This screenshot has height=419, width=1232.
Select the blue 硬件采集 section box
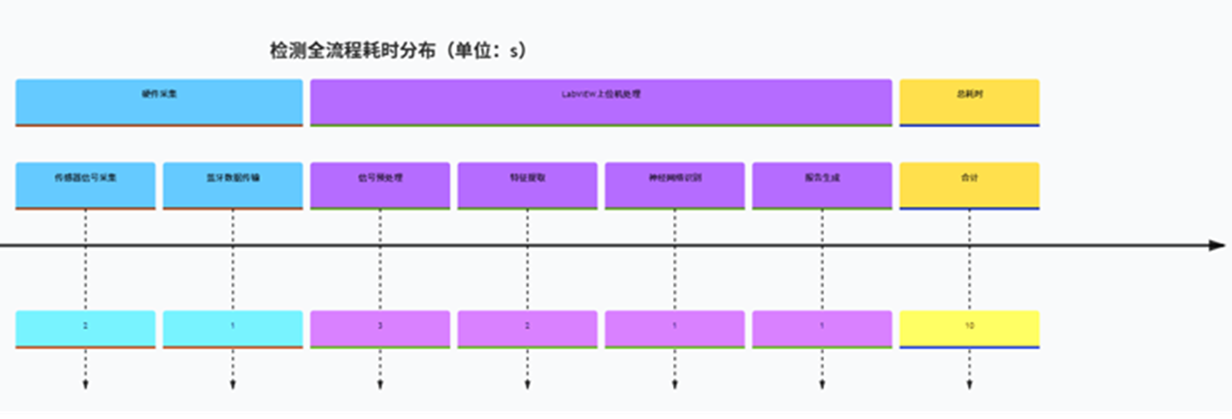point(158,102)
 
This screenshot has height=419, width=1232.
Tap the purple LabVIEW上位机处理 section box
point(600,102)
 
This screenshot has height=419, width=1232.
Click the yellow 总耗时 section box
point(969,102)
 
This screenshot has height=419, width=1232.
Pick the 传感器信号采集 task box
point(86,185)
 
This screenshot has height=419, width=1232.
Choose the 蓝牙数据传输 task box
point(233,185)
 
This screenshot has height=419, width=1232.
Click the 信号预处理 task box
point(380,185)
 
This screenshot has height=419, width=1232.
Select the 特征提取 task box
point(527,185)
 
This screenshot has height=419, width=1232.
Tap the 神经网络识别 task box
point(675,185)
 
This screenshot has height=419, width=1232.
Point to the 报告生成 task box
point(822,185)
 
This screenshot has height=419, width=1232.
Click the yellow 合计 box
point(969,185)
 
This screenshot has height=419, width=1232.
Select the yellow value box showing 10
point(969,328)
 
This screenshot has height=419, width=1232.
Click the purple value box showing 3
point(380,328)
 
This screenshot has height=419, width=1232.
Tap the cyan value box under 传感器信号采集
point(86,328)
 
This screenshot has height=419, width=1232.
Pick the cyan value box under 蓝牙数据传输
point(233,328)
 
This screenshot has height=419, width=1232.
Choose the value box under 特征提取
point(527,328)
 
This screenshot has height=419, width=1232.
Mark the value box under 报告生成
point(822,328)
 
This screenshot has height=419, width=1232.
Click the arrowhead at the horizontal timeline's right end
point(1217,245)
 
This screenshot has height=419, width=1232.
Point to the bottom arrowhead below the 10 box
point(969,385)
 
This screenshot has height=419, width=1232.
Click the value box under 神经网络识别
point(675,328)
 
